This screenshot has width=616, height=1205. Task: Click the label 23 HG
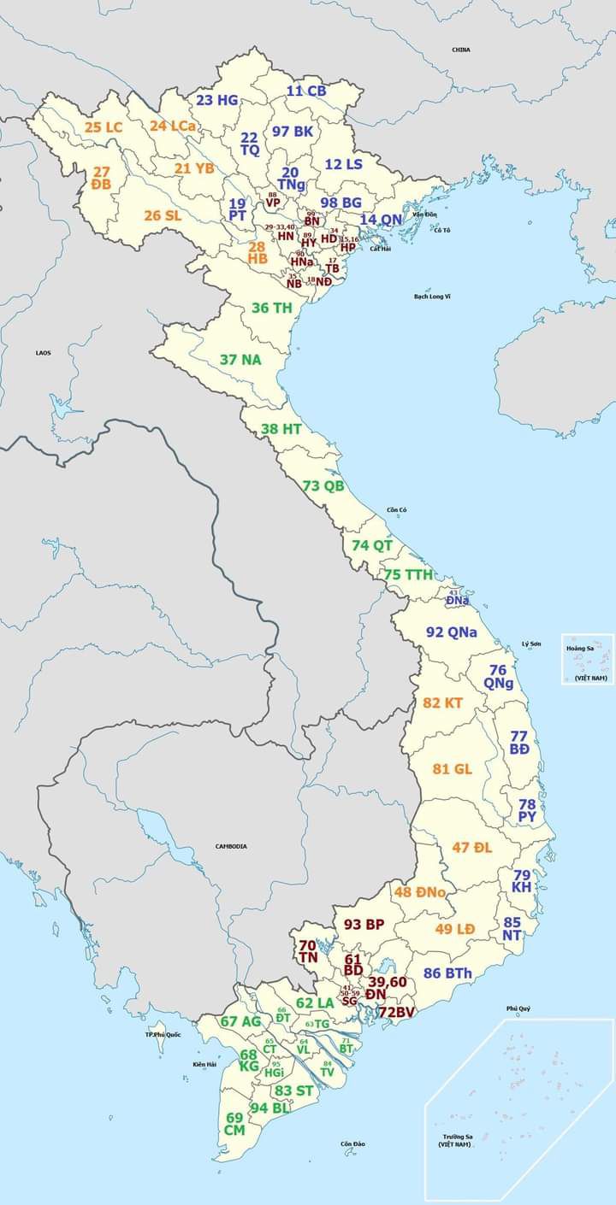point(216,100)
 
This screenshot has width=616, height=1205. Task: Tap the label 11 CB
point(306,91)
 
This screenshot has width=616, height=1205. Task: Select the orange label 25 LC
point(104,127)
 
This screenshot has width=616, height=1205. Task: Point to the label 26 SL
point(163,215)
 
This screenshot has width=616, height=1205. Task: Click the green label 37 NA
point(240,360)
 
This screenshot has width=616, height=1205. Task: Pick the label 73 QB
point(323,485)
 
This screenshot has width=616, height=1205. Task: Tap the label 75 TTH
point(408,574)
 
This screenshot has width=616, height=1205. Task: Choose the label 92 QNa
point(452,632)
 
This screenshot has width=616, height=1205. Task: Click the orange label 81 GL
point(453,769)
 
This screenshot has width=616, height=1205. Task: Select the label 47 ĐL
point(472,848)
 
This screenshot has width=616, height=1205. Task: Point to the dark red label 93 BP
point(364,924)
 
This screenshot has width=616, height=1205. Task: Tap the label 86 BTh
point(447,973)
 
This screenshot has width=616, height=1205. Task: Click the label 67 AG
point(240,1021)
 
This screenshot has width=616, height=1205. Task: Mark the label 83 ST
point(294,1090)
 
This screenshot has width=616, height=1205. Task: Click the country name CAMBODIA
point(231,846)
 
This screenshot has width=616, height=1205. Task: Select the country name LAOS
point(43,352)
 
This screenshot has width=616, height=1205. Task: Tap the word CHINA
point(461,50)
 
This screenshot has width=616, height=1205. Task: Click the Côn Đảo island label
point(352,1143)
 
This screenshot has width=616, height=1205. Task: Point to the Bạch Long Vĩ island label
point(432,296)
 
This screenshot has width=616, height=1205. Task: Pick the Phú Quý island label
point(518,1008)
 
